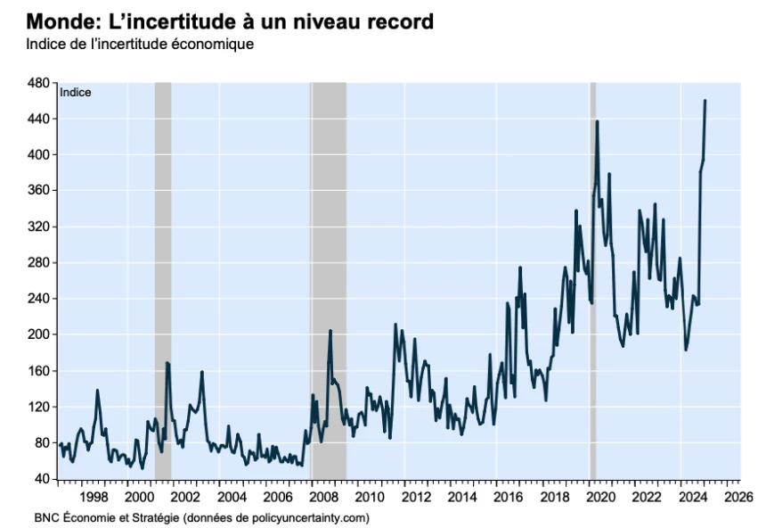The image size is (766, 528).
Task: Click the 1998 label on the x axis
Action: point(94,496)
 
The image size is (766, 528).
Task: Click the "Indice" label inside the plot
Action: point(76,91)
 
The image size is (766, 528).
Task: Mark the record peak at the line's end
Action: point(705,101)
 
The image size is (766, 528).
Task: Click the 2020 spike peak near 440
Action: point(597,121)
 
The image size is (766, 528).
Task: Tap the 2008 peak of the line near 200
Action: point(330,331)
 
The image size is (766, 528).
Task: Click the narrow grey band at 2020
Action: point(592,268)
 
